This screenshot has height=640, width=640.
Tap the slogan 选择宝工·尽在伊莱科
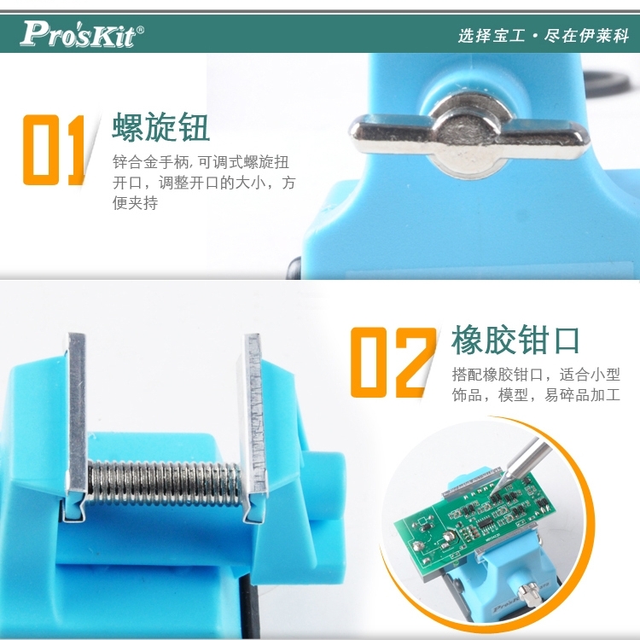pos(544,36)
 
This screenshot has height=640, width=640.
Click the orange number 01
pos(54,150)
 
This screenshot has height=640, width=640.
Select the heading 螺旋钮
pos(160,126)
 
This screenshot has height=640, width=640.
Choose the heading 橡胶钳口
pos(515,340)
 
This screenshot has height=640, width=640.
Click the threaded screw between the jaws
pos(164,482)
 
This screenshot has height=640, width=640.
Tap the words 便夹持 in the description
pos(135,203)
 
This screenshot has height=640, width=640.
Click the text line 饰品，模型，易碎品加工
pos(536,395)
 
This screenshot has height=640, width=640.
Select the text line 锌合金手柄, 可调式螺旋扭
pos(201,162)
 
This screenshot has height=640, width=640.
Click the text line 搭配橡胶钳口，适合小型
pos(536,375)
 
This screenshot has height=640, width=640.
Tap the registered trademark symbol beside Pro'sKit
pos(140,30)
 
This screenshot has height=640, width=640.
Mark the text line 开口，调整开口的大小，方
pos(204,183)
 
